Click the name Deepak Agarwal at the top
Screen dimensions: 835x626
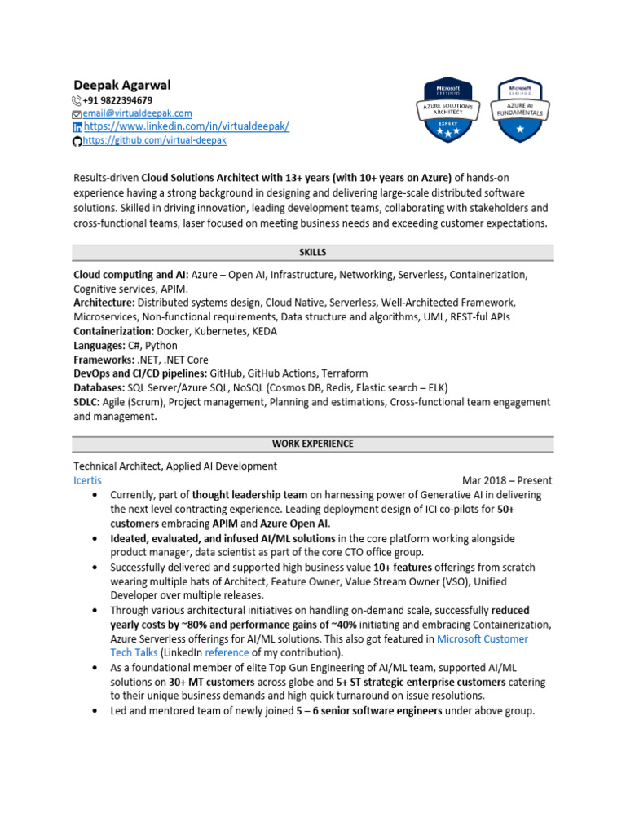coord(122,85)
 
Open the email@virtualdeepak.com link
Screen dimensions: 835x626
coord(137,113)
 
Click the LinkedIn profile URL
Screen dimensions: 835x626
coord(186,127)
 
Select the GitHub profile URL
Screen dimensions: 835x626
coord(154,140)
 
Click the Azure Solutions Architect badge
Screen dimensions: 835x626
coord(448,109)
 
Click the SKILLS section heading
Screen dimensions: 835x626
coord(313,253)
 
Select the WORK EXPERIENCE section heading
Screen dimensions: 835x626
coord(313,444)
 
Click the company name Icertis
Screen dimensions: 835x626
coord(88,480)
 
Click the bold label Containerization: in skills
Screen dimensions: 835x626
coord(113,331)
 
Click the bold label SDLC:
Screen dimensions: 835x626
coord(86,402)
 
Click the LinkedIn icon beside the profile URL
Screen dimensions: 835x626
coord(77,127)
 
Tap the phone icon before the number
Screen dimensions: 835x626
coord(77,100)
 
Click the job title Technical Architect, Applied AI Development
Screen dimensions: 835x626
coord(175,466)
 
